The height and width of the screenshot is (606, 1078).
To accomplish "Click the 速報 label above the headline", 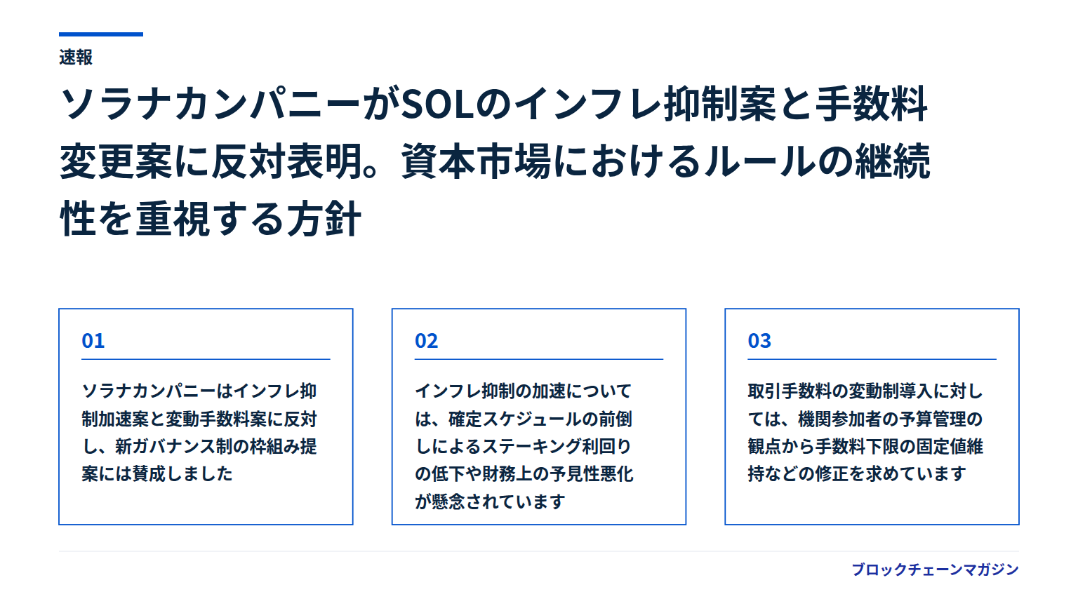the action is click(76, 58).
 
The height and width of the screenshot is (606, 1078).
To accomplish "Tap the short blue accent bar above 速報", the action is click(101, 34).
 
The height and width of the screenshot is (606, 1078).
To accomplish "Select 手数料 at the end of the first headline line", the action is click(871, 104).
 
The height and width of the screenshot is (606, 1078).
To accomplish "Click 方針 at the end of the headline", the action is click(324, 219).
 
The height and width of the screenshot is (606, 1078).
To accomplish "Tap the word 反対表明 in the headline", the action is click(287, 161).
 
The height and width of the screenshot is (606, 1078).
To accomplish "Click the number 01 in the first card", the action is click(93, 341).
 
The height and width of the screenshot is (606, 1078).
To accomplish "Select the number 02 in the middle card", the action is click(427, 341).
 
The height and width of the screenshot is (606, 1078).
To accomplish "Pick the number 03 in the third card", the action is click(759, 341).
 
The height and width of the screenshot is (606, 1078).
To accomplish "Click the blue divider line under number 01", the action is click(206, 359).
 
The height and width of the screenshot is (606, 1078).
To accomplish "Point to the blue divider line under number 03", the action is click(872, 359).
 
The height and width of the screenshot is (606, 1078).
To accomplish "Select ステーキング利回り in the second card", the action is click(557, 447).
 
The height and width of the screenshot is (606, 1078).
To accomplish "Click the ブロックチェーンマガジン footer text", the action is click(936, 570).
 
